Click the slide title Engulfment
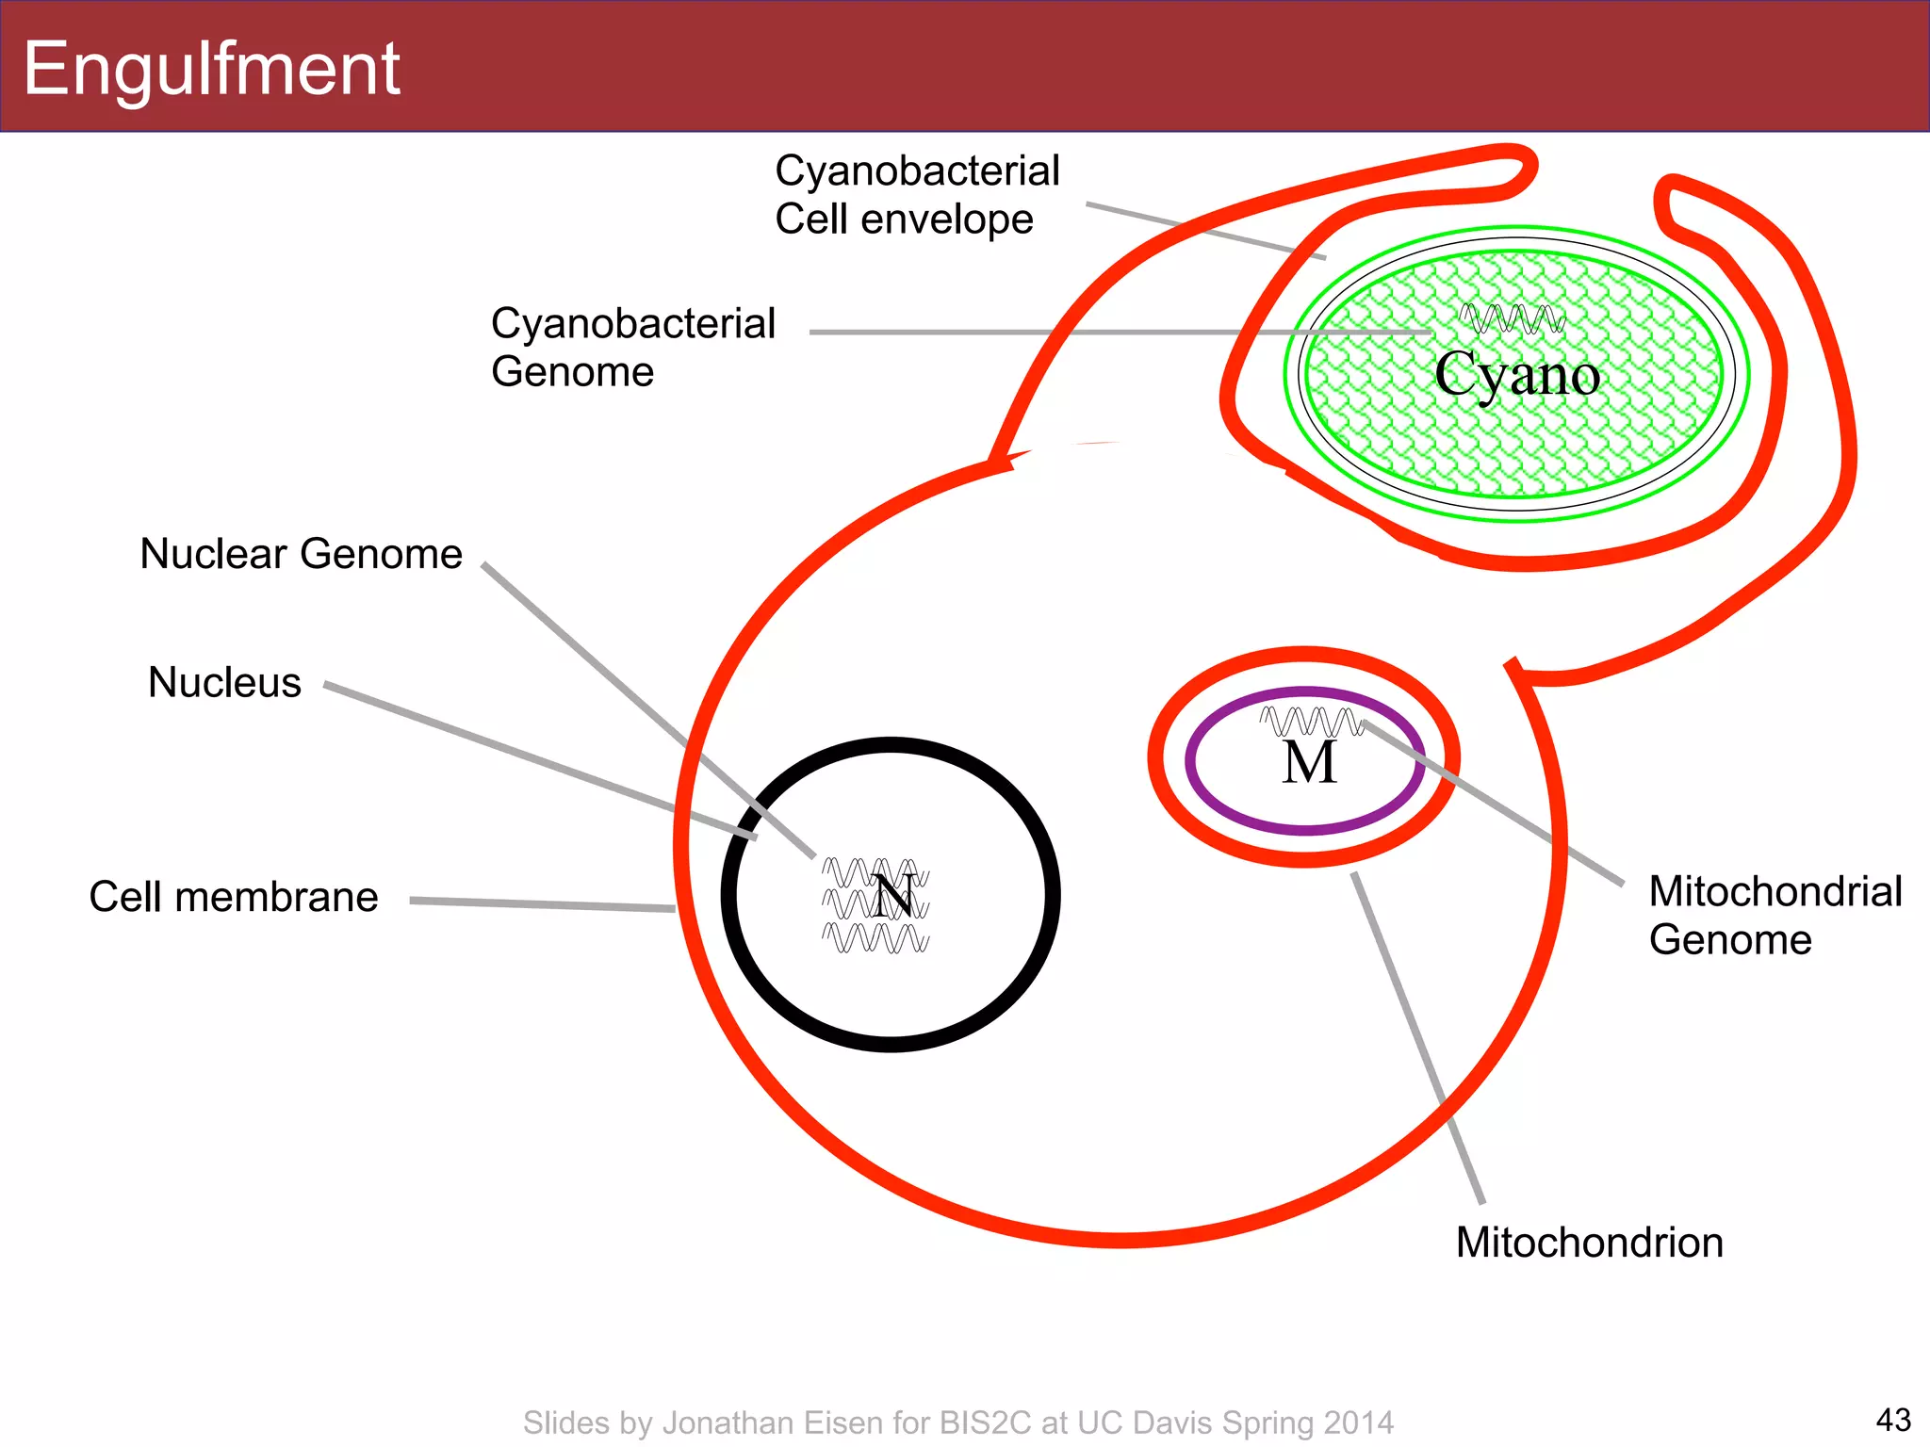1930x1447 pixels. [x=212, y=69]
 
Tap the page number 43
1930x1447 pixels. [x=1892, y=1419]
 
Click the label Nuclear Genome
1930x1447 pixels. [x=301, y=554]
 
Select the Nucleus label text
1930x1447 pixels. [x=224, y=682]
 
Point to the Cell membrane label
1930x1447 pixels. [x=233, y=897]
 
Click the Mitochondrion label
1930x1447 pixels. [x=1589, y=1243]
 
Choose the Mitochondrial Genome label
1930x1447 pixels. [x=1775, y=916]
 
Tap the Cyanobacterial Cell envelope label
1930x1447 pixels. [x=916, y=195]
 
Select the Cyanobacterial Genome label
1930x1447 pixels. [x=631, y=348]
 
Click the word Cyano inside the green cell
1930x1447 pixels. [x=1516, y=375]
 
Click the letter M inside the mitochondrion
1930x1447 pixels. [x=1309, y=763]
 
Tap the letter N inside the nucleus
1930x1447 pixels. [x=892, y=897]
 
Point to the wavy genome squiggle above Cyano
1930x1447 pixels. [x=1512, y=319]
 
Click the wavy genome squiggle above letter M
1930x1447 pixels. [x=1311, y=722]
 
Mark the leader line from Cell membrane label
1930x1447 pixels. [x=542, y=904]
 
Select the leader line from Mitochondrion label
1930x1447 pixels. [x=1418, y=1036]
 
